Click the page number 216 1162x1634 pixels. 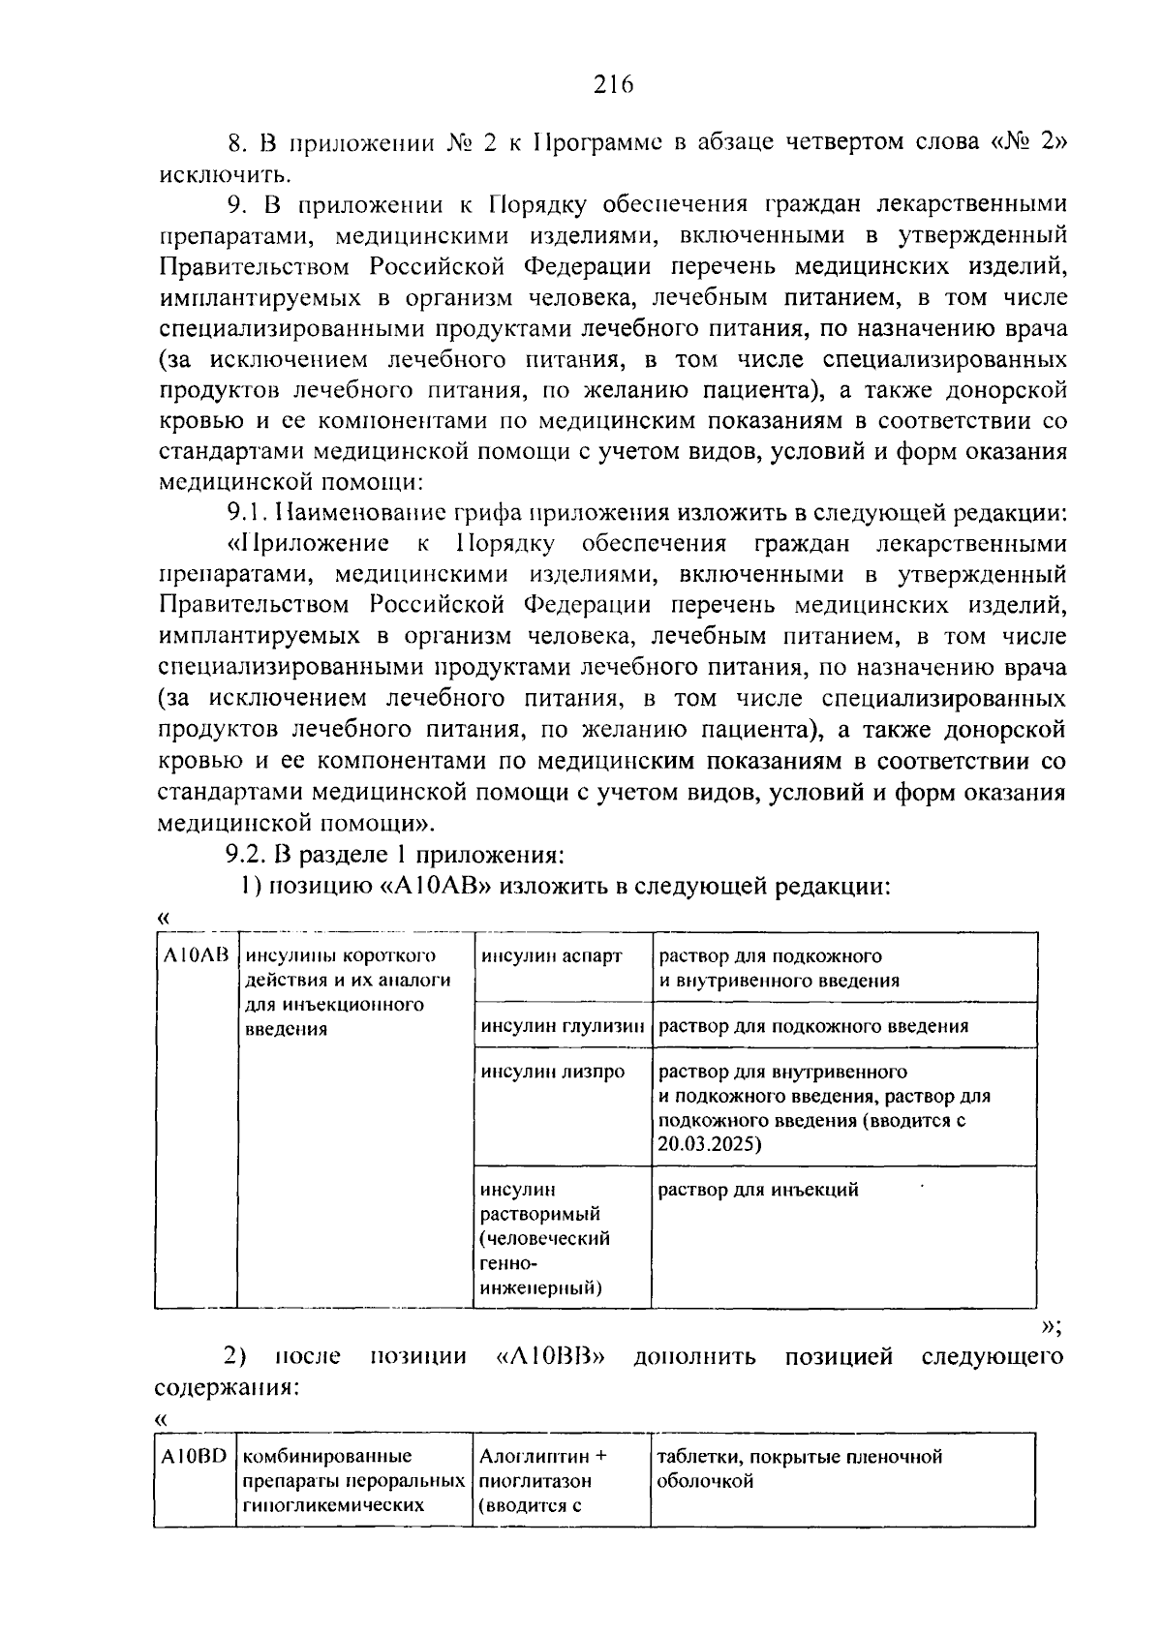coord(612,84)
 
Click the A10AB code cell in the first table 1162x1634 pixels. coord(195,956)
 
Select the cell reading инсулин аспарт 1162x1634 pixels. coord(552,956)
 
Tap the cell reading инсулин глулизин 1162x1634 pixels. coord(563,1026)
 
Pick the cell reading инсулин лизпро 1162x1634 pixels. coord(553,1072)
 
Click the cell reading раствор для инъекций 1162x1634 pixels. coord(758,1190)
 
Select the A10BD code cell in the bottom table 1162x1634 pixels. coord(194,1457)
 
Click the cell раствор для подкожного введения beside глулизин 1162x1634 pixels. coord(813,1026)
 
